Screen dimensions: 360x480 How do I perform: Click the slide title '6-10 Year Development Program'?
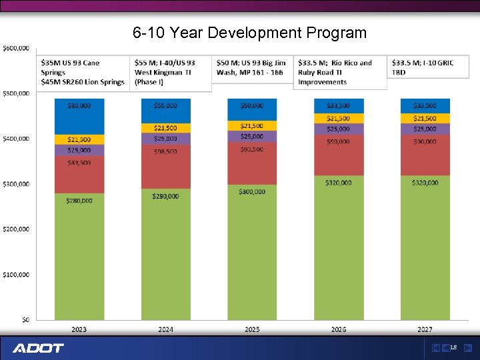pos(249,33)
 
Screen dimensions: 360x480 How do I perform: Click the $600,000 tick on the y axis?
pos(16,48)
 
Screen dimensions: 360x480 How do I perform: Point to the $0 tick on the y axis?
pos(25,320)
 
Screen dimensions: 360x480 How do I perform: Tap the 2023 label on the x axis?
pos(79,329)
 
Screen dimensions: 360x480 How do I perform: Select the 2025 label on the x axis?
pos(252,329)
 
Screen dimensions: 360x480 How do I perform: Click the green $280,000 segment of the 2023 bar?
pos(79,256)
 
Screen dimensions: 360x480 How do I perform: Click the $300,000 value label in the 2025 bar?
pos(252,192)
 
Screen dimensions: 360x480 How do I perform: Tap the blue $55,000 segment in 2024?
pos(165,111)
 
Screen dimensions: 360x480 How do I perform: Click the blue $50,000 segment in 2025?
pos(252,109)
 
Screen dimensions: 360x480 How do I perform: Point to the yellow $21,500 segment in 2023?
pos(79,139)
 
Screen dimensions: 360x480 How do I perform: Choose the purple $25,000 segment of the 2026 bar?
pos(339,129)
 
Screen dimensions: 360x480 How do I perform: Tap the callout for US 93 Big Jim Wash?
pos(253,68)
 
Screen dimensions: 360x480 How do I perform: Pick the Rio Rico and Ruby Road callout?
pos(340,72)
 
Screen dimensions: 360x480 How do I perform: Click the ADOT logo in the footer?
pos(38,348)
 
